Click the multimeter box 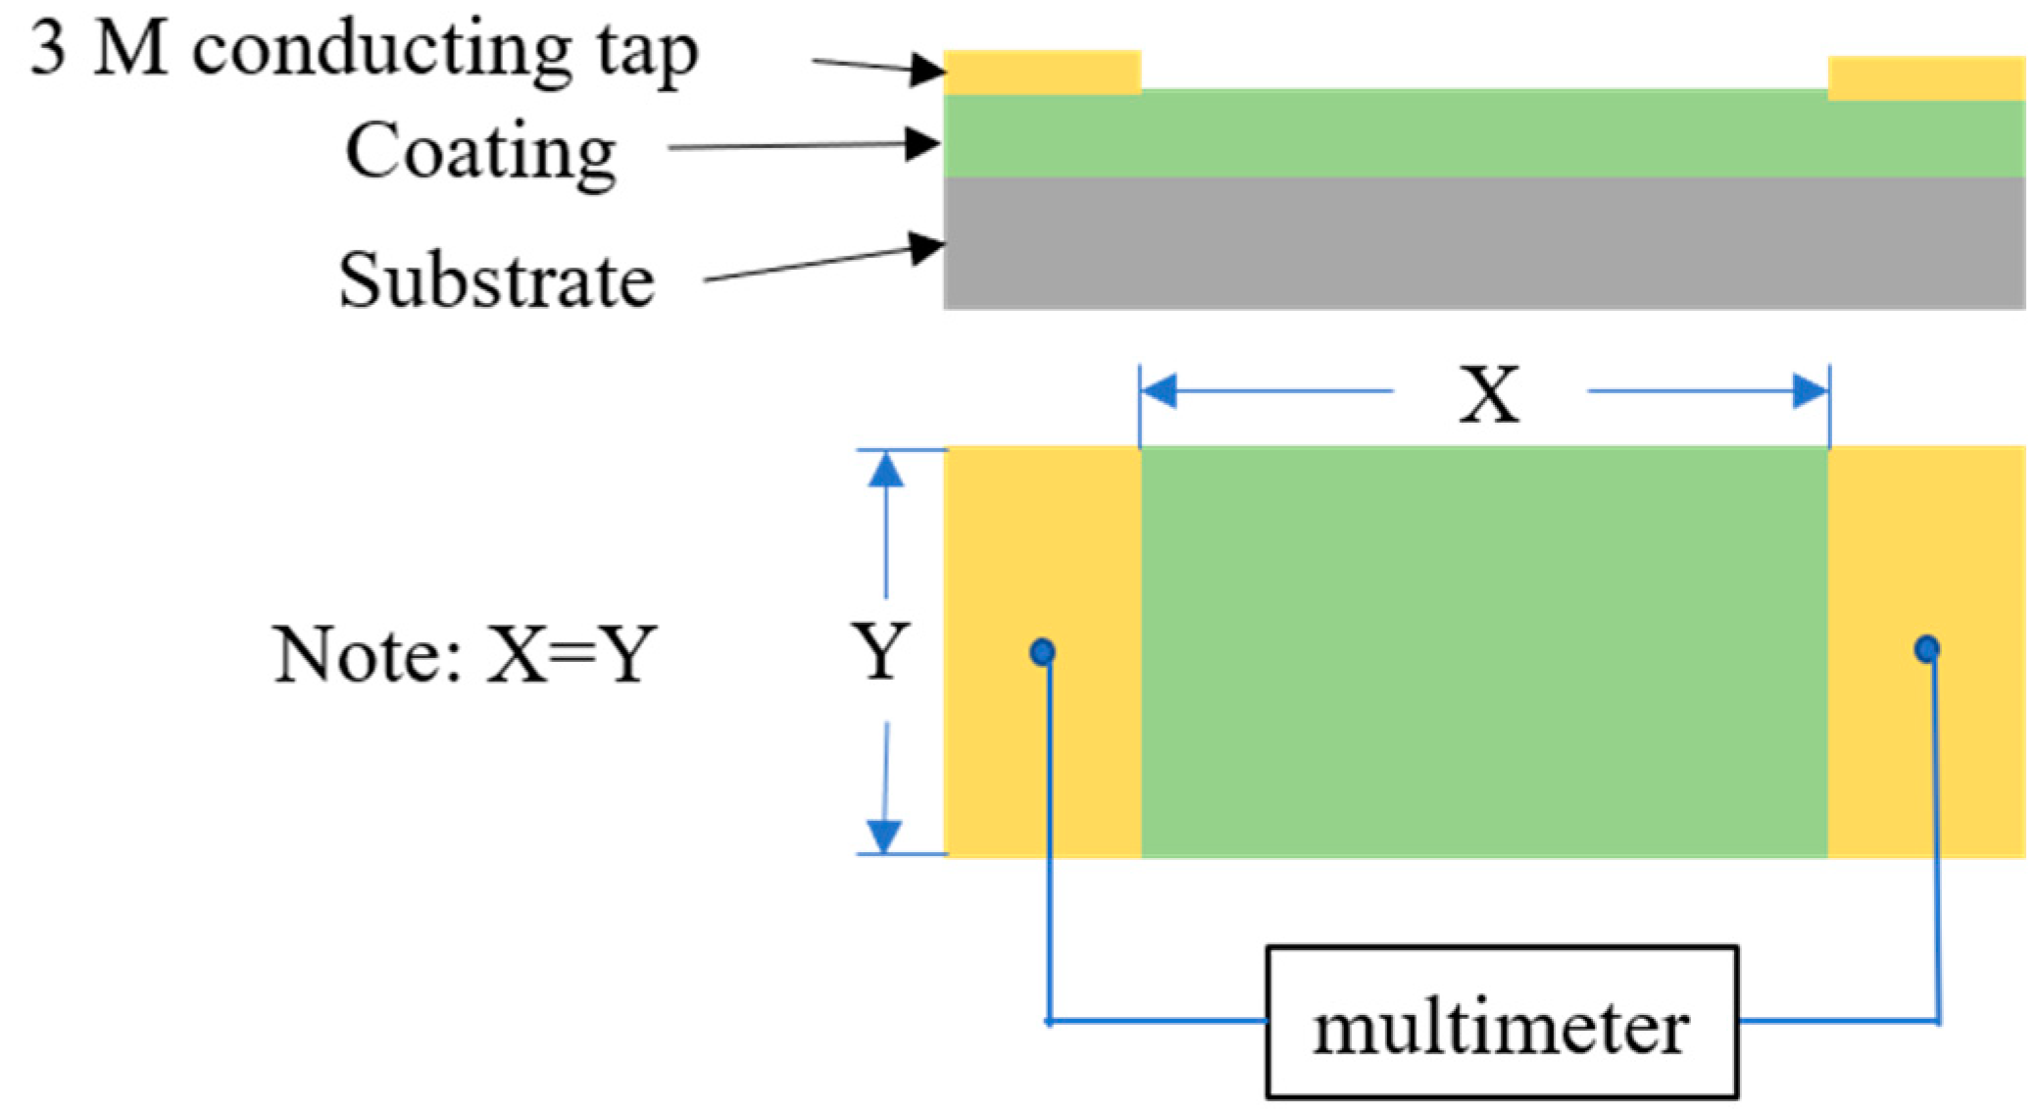[1501, 1022]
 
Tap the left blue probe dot [1042, 651]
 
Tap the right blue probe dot [1926, 648]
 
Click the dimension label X [1489, 394]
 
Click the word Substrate [497, 280]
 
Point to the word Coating [480, 152]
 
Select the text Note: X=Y [464, 654]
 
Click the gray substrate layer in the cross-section [1483, 243]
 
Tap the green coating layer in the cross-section [1483, 134]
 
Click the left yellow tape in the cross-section [1042, 72]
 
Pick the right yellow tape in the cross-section [1926, 78]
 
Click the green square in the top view [1483, 651]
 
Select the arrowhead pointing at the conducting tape [925, 70]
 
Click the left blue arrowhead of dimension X [1160, 391]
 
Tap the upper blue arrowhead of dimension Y [886, 471]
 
